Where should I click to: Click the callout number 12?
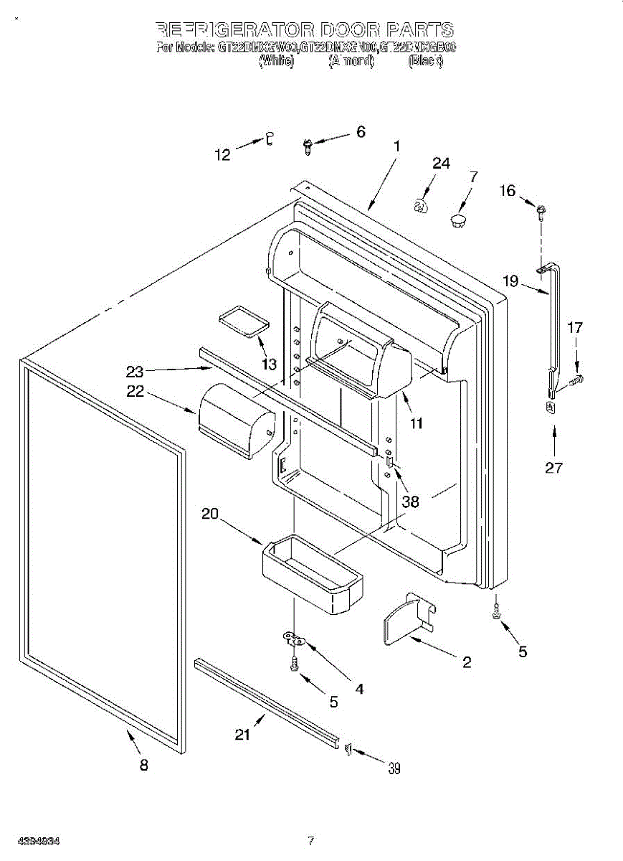(223, 154)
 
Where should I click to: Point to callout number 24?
(441, 164)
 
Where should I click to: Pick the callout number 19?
(510, 281)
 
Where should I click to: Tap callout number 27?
(553, 468)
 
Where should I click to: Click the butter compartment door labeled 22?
(237, 419)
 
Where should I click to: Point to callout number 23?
(135, 371)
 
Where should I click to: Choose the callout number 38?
(410, 502)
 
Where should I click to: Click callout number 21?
(244, 734)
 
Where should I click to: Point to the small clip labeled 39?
(348, 749)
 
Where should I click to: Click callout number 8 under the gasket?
(144, 766)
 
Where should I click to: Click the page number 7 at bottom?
(310, 840)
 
